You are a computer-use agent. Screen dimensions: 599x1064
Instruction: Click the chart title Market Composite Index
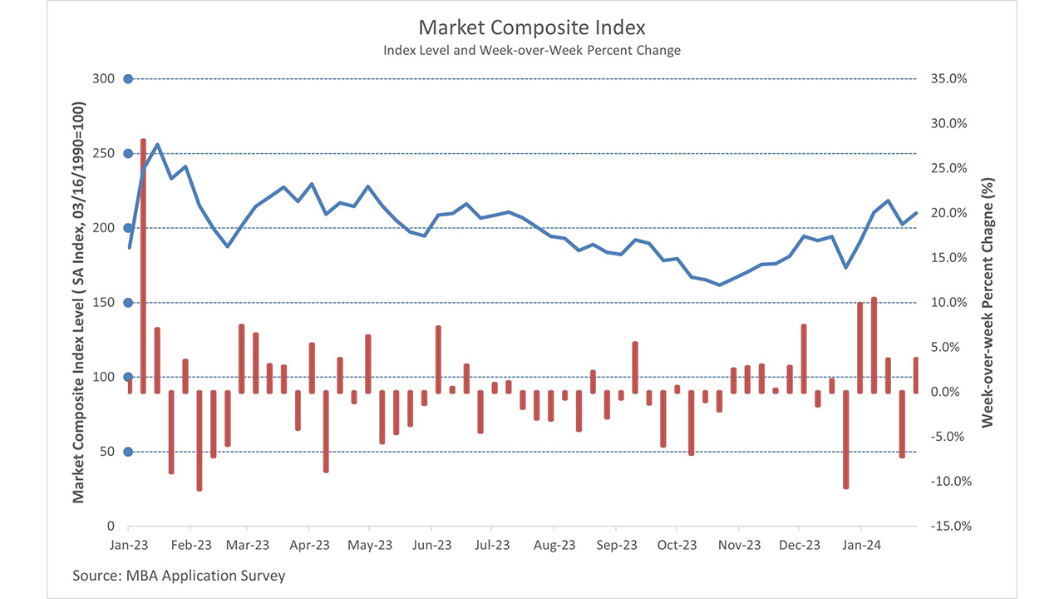click(532, 28)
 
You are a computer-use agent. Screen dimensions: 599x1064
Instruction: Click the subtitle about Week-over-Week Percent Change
click(532, 51)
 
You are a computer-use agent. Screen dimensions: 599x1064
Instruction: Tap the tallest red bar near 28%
click(143, 266)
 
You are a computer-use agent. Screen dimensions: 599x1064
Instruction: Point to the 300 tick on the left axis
click(104, 79)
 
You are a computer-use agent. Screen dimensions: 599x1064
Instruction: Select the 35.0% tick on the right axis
click(948, 79)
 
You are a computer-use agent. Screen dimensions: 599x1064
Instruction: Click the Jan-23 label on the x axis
click(129, 546)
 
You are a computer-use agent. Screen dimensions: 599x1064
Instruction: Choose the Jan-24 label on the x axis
click(860, 546)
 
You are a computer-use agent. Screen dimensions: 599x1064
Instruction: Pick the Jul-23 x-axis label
click(492, 546)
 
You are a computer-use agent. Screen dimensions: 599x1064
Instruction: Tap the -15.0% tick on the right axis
click(948, 527)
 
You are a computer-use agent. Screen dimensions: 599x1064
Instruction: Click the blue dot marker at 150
click(128, 303)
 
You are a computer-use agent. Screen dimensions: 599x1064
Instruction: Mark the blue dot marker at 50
click(128, 452)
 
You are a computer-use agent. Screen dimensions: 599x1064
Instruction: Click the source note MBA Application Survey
click(179, 576)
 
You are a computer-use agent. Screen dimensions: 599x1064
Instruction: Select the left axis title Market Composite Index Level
click(79, 303)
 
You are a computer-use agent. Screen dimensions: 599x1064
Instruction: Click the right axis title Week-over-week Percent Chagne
click(988, 303)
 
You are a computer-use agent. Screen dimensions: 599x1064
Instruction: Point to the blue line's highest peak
click(158, 145)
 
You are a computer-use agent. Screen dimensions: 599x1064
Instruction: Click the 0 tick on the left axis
click(110, 527)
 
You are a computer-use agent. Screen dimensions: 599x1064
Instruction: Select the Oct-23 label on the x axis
click(677, 546)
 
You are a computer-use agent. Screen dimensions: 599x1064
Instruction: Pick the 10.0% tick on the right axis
click(948, 303)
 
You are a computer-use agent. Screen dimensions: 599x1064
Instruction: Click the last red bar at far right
click(916, 375)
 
